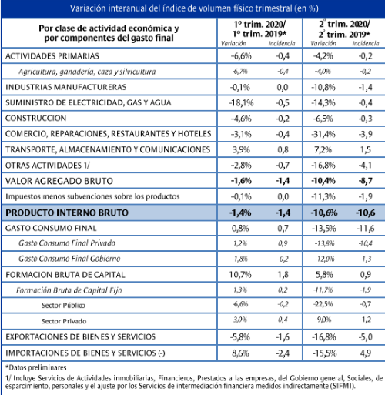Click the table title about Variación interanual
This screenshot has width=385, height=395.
[194, 8]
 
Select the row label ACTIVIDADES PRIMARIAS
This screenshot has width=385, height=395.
[52, 56]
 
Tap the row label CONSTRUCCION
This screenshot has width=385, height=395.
[35, 118]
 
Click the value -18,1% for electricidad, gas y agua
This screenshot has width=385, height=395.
[241, 103]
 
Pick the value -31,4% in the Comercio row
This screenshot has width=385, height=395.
[323, 134]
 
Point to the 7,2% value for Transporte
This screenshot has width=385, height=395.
[323, 149]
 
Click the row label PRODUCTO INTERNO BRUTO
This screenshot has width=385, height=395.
[67, 213]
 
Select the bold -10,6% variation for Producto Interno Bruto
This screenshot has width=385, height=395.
[324, 213]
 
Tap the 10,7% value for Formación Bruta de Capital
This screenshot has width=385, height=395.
[240, 275]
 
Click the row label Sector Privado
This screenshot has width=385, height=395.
[64, 321]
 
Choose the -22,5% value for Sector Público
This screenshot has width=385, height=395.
[323, 304]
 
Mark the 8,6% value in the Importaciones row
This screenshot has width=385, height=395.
[240, 353]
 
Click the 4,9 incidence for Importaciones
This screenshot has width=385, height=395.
[366, 353]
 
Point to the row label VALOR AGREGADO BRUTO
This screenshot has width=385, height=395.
[59, 181]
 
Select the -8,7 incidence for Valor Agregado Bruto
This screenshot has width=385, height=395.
[366, 181]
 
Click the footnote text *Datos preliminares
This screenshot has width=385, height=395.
[36, 367]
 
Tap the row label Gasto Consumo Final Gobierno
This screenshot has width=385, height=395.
[69, 259]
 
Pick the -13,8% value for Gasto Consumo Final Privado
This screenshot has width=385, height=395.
[325, 243]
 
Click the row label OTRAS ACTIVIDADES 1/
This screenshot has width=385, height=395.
[48, 166]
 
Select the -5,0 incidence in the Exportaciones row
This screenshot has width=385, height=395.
[366, 337]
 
